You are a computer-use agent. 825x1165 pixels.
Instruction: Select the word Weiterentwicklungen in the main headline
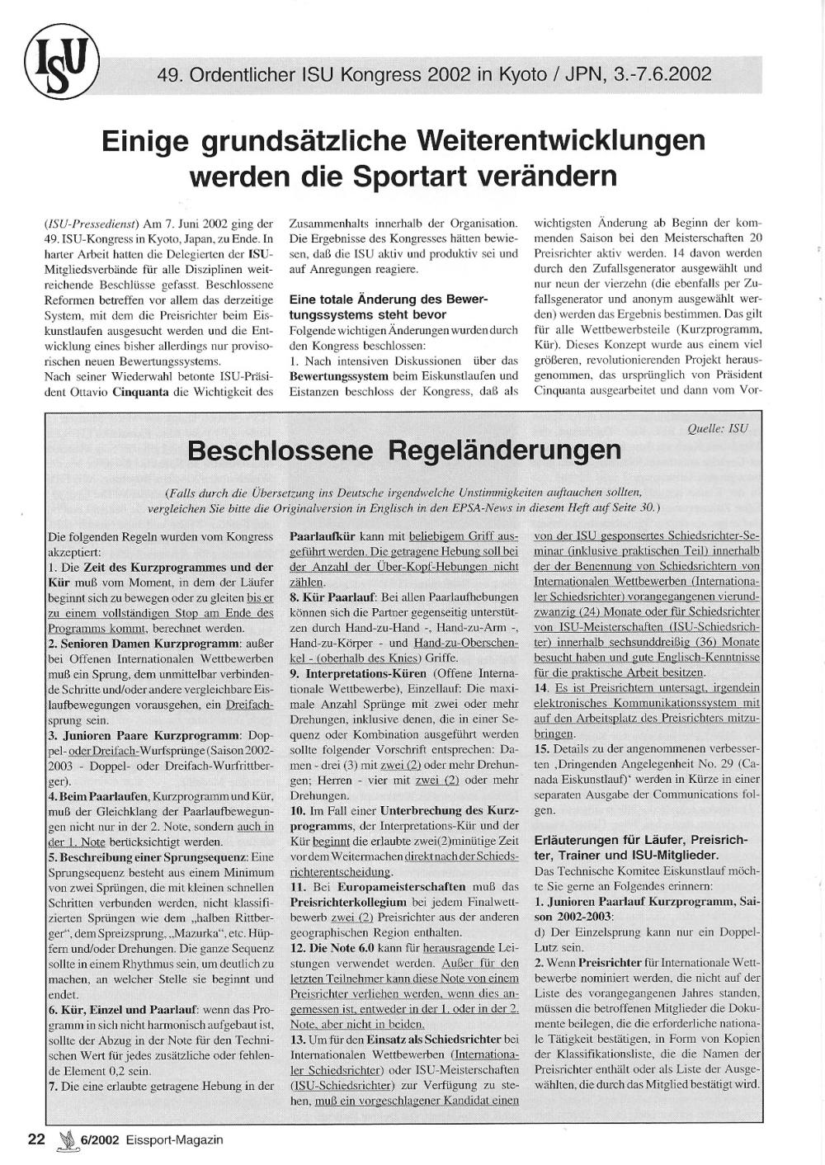point(550,140)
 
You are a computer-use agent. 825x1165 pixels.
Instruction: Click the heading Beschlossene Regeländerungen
point(404,451)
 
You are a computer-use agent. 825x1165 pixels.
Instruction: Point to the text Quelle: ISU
point(717,427)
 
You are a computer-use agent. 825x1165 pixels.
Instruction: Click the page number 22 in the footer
point(36,1139)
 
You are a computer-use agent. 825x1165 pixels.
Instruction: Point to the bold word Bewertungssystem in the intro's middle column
point(338,376)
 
